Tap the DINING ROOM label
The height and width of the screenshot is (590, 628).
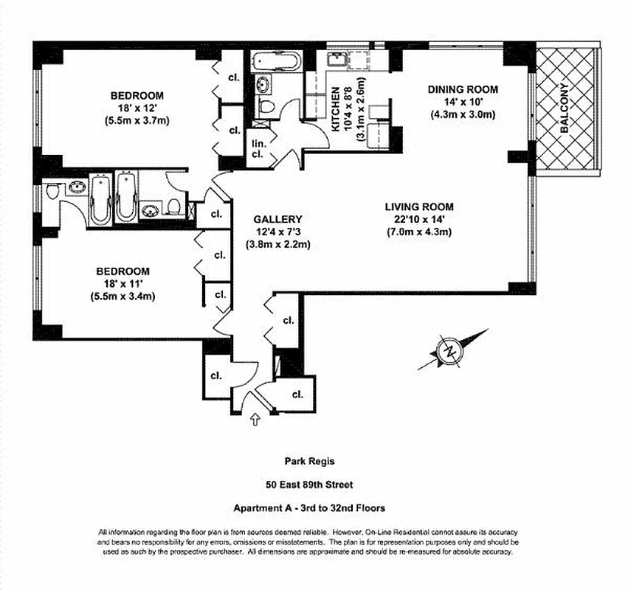point(463,89)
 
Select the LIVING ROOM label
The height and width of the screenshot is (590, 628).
point(418,207)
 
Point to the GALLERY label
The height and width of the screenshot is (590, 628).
point(277,219)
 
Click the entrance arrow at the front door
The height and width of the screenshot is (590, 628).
point(256,420)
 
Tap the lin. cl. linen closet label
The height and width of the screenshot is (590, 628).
point(258,149)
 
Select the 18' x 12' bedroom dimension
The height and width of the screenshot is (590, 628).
point(137,108)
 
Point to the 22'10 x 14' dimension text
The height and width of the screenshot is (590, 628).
point(418,220)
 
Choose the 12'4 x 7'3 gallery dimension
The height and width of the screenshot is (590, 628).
point(277,232)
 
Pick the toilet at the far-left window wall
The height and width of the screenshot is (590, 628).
point(52,192)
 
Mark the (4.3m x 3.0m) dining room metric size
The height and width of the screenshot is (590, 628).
point(463,114)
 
